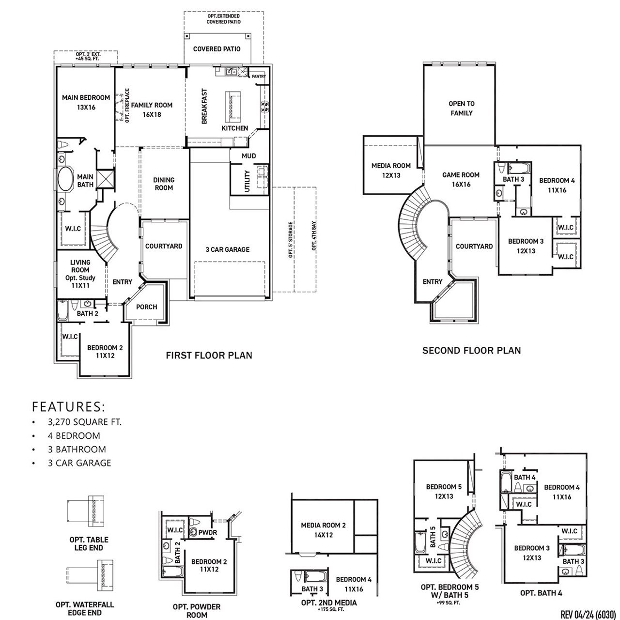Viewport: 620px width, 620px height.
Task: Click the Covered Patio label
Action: click(x=217, y=49)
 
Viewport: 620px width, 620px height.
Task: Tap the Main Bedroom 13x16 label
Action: click(x=86, y=102)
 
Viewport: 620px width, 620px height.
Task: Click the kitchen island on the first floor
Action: click(x=232, y=107)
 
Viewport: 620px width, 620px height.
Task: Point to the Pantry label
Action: click(x=259, y=76)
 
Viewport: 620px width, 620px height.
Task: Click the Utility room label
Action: click(x=248, y=181)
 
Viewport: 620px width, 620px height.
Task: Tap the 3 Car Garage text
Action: click(x=227, y=249)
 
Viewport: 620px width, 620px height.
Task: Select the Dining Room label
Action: click(x=164, y=184)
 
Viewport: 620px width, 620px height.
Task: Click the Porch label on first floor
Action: click(x=146, y=307)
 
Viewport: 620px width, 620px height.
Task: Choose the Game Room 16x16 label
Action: click(x=461, y=179)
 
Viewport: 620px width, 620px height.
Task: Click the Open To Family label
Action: click(x=461, y=108)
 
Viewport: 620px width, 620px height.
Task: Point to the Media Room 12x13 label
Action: click(x=391, y=170)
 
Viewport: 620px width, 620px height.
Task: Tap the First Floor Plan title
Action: click(x=209, y=356)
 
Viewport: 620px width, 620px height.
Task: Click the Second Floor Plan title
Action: click(x=471, y=350)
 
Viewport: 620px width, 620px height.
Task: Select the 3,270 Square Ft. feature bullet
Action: click(x=84, y=422)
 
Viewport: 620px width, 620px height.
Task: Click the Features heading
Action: click(x=68, y=406)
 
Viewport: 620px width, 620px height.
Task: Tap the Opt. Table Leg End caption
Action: click(x=88, y=543)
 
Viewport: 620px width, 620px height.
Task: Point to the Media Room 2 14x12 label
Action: click(x=323, y=530)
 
